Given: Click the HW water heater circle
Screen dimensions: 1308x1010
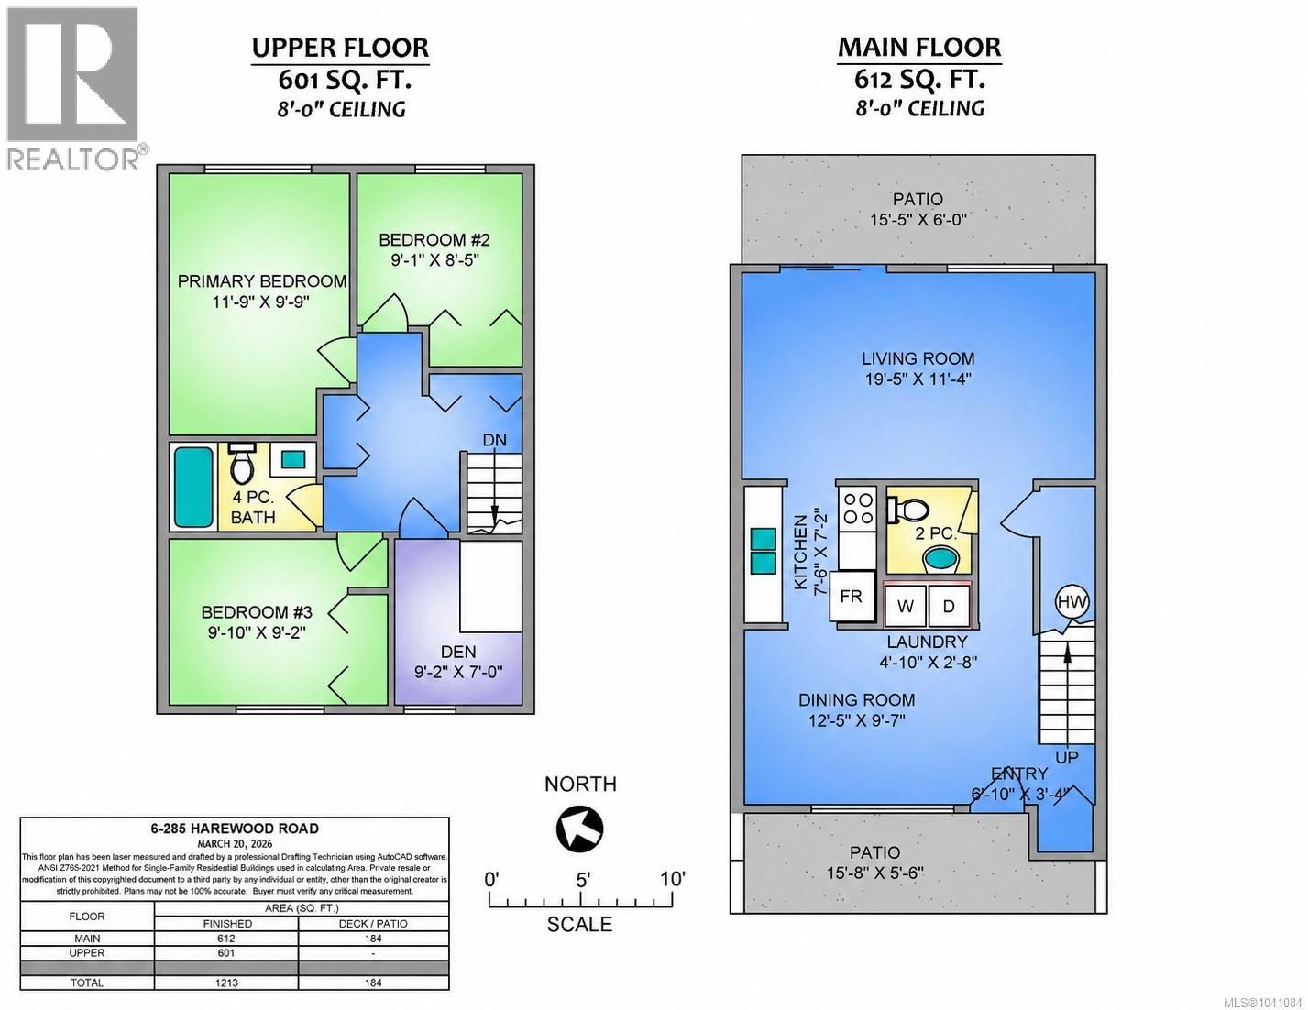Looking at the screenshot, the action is (x=1072, y=601).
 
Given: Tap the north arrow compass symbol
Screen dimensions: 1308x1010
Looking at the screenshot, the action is (x=579, y=829).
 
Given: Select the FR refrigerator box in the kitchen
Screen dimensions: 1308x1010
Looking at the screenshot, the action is (x=852, y=597).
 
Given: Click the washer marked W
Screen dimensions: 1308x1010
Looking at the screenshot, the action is (x=906, y=606).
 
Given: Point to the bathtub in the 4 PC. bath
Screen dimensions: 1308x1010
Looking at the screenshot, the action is (x=193, y=487).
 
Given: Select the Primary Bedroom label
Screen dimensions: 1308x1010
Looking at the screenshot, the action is (x=262, y=281).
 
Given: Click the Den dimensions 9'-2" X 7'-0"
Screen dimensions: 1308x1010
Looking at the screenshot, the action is (x=458, y=671).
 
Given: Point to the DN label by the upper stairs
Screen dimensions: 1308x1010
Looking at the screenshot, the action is (x=494, y=440).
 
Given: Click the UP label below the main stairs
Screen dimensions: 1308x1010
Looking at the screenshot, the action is (x=1067, y=757).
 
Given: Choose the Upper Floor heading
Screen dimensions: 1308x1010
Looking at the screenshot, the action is (x=340, y=48).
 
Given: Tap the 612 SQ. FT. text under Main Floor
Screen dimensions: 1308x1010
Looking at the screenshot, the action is (x=919, y=78).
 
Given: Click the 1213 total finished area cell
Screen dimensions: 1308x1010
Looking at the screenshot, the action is (x=226, y=983).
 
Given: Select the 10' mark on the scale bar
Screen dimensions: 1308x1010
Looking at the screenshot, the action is (x=673, y=880).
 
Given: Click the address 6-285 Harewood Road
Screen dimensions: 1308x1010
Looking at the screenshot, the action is (x=235, y=829).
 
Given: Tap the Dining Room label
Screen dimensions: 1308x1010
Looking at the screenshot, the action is (x=856, y=700).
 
